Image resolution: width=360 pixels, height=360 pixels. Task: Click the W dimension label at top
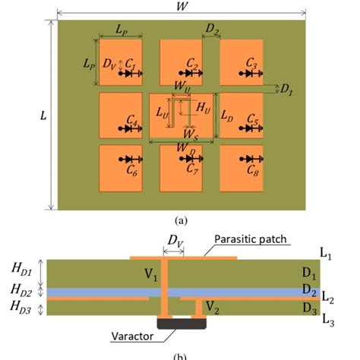tap(182, 7)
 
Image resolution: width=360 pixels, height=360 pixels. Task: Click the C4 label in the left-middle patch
tap(131, 122)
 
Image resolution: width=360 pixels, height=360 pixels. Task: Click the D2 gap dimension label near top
tap(212, 30)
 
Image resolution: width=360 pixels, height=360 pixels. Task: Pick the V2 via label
tap(213, 308)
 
